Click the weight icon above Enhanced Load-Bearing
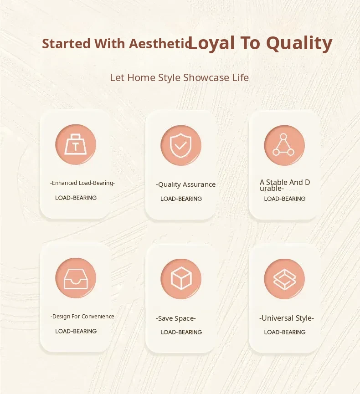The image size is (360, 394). [76, 144]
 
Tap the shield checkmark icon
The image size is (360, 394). [181, 145]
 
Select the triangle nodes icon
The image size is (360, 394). [283, 145]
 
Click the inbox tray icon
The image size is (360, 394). [76, 278]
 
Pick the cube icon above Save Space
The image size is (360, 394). [181, 278]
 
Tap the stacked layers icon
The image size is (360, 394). [284, 279]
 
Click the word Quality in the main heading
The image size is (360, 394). [299, 43]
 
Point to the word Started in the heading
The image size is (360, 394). [66, 43]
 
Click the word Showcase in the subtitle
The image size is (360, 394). [206, 77]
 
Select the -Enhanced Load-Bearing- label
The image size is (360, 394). [82, 183]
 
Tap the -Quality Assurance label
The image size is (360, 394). [186, 184]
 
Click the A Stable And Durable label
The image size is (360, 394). [285, 185]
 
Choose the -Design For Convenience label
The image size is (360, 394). [82, 317]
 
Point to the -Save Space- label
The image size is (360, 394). [176, 318]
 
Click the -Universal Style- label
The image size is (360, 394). [287, 318]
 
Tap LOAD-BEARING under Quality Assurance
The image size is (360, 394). [181, 199]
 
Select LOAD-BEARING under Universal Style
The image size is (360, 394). [285, 332]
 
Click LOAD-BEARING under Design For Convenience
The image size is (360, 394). [76, 331]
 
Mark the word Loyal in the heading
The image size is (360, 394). [212, 43]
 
